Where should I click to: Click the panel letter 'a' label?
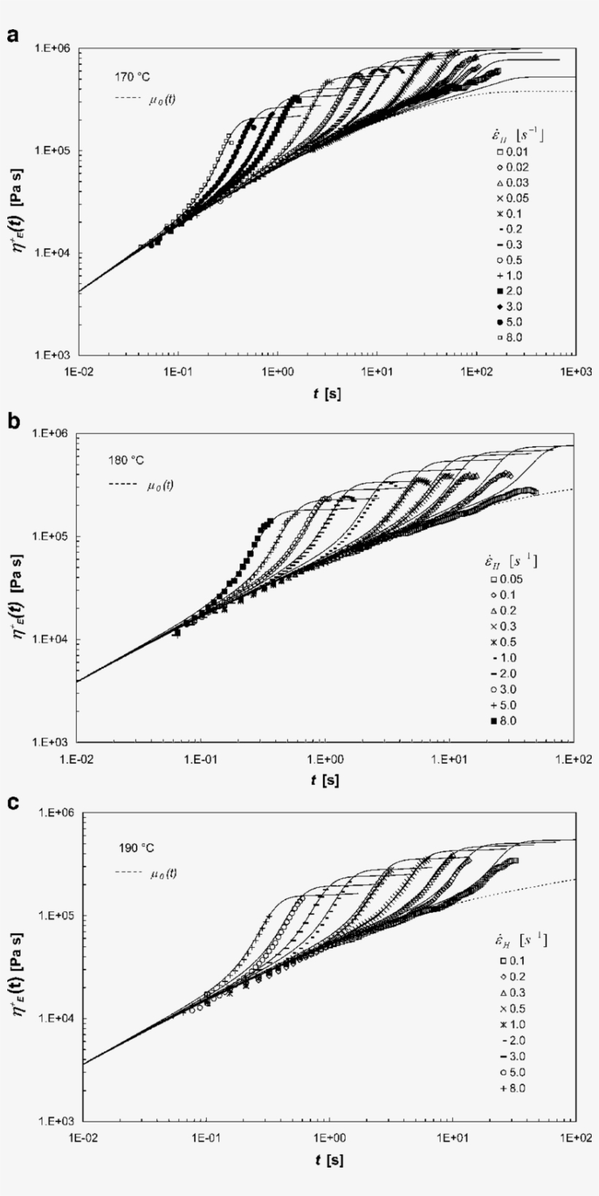coord(12,35)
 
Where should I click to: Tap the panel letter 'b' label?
coord(12,422)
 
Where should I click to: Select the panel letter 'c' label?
coord(12,802)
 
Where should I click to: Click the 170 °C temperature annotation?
coord(132,76)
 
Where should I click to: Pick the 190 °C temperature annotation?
coord(137,848)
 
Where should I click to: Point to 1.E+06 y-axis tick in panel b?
coord(50,434)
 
